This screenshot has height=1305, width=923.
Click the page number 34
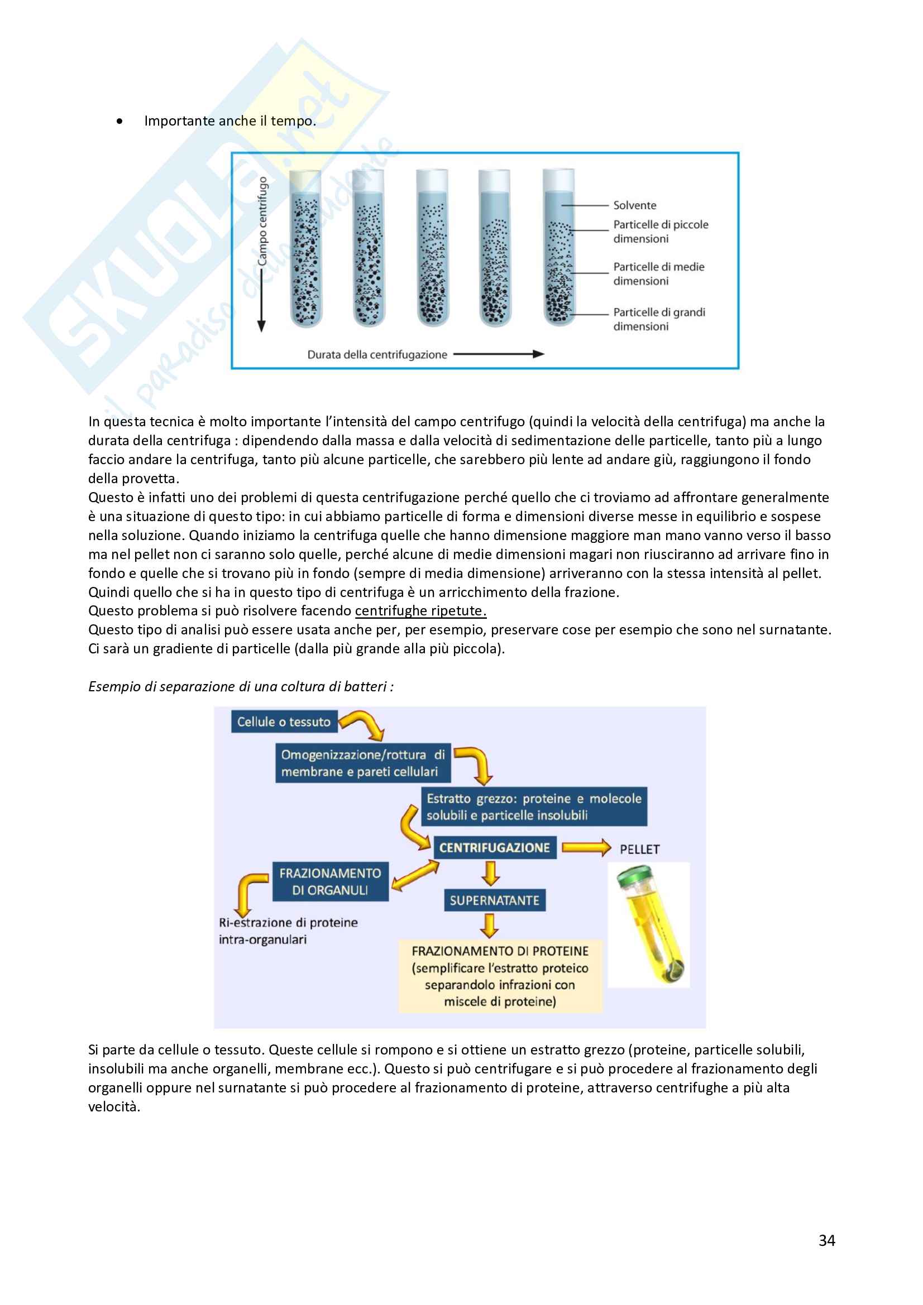[826, 1241]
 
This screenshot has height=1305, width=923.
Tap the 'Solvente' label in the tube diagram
[634, 205]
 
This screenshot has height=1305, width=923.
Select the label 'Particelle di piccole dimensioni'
[660, 232]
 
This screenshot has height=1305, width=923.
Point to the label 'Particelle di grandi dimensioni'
[658, 319]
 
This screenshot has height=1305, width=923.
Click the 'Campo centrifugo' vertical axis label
[262, 221]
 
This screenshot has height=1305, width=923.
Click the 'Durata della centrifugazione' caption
[377, 355]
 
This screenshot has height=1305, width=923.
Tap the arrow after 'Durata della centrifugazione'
[498, 354]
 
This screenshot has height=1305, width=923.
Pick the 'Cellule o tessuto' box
[284, 722]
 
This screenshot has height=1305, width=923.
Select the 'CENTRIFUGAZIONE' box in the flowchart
[494, 847]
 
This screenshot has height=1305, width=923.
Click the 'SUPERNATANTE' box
[494, 901]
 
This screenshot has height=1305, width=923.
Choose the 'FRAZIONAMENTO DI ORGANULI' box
[330, 882]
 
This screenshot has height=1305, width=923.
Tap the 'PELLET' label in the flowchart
[639, 849]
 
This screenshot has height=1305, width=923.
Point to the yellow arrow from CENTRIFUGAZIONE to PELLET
[586, 848]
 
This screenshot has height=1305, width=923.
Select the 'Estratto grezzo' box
[533, 807]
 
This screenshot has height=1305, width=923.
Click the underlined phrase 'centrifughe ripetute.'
[420, 611]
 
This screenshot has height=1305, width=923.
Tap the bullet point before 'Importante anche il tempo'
[119, 121]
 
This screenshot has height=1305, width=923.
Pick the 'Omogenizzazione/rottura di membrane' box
[363, 763]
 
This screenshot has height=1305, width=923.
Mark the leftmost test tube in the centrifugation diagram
[306, 250]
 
